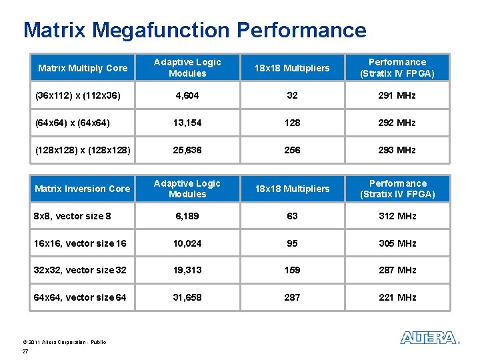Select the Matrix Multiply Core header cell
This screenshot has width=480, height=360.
(83, 68)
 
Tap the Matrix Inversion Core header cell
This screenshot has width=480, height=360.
(83, 189)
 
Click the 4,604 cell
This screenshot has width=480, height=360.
(187, 95)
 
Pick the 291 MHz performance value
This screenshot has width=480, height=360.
(397, 95)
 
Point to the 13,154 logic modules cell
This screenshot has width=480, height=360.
(187, 123)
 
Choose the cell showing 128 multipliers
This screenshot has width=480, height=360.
(293, 123)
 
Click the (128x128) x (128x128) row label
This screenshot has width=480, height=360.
(82, 150)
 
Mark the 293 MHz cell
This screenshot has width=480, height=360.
(397, 150)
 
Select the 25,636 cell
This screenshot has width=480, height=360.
(187, 150)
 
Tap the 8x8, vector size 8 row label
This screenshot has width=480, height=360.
(73, 216)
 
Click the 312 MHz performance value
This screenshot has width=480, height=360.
(397, 216)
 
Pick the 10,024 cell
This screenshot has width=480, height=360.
(187, 243)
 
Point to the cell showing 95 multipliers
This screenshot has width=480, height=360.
(293, 243)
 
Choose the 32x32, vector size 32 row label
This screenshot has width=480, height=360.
(80, 270)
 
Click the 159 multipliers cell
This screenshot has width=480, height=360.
(293, 270)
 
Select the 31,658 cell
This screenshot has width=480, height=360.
(187, 297)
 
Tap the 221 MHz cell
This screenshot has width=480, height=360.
(397, 297)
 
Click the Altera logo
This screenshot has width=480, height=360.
(429, 338)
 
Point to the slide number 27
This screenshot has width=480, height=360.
(25, 351)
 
